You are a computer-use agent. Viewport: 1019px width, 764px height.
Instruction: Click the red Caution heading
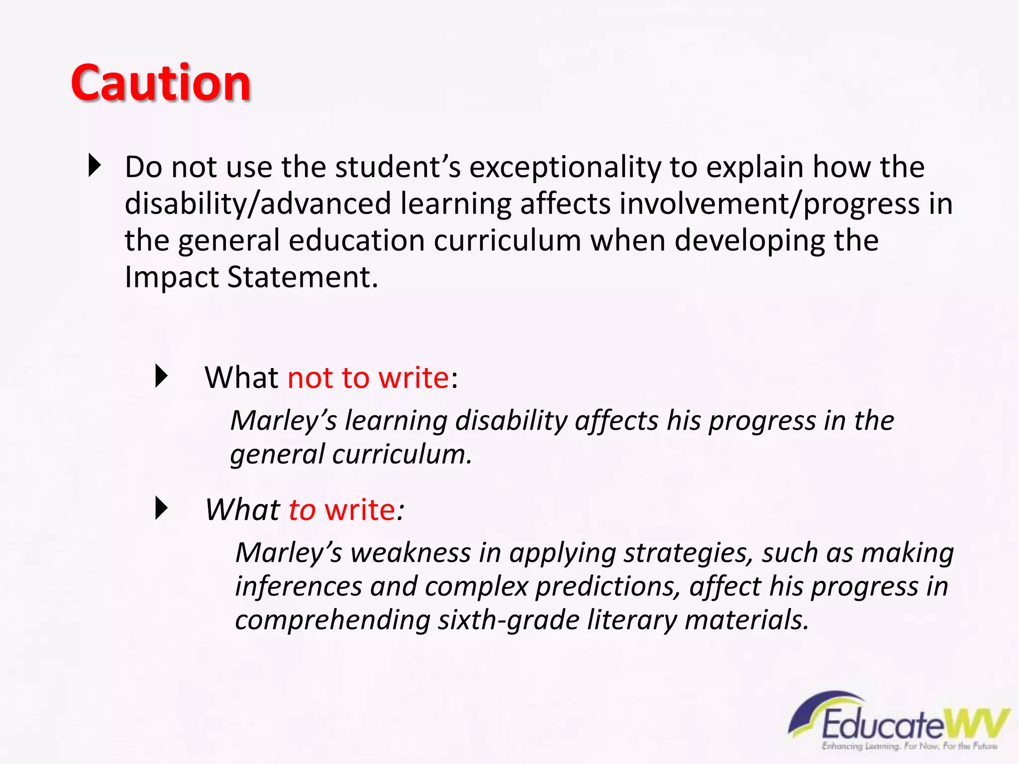[161, 83]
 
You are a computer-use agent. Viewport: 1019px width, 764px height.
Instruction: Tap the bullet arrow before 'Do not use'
[94, 166]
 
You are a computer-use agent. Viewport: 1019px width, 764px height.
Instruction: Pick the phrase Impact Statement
[251, 277]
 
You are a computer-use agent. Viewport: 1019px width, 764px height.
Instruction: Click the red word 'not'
[310, 378]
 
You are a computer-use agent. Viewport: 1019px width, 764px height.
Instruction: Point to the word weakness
[411, 553]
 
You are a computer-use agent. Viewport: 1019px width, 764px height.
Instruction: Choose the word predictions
[608, 587]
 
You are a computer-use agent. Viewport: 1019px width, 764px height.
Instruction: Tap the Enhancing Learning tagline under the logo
[910, 746]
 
